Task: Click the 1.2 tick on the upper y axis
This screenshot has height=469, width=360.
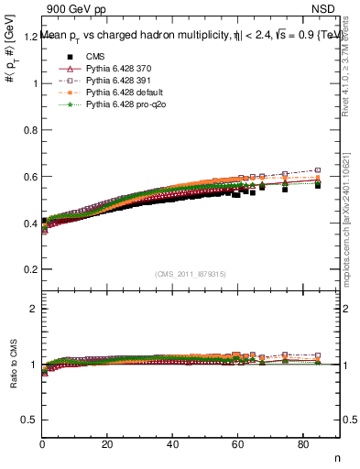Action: (29, 37)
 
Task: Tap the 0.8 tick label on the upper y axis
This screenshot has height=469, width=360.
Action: (29, 130)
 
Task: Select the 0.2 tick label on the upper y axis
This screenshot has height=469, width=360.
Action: (29, 269)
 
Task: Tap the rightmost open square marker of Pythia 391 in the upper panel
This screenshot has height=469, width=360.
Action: (318, 170)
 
